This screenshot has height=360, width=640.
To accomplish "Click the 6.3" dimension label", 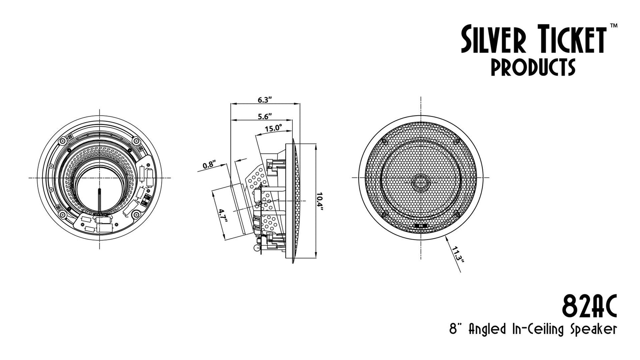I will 265,100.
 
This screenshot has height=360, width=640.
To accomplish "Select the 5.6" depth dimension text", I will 265,116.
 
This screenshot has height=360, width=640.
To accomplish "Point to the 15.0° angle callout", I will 273,128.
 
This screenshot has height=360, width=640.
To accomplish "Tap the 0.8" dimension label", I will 209,165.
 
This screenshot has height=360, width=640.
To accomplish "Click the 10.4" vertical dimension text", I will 320,201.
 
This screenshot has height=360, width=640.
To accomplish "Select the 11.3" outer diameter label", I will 458,254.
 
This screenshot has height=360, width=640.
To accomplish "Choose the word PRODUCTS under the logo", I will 533,67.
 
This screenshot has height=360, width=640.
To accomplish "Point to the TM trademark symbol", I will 613,26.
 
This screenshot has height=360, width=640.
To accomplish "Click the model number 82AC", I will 589,306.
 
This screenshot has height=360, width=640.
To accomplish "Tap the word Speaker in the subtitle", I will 593,330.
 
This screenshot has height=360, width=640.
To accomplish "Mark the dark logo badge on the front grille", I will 421,226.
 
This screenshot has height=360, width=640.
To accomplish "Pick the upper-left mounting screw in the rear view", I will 62,141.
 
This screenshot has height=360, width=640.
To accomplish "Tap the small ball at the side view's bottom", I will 257,248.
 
